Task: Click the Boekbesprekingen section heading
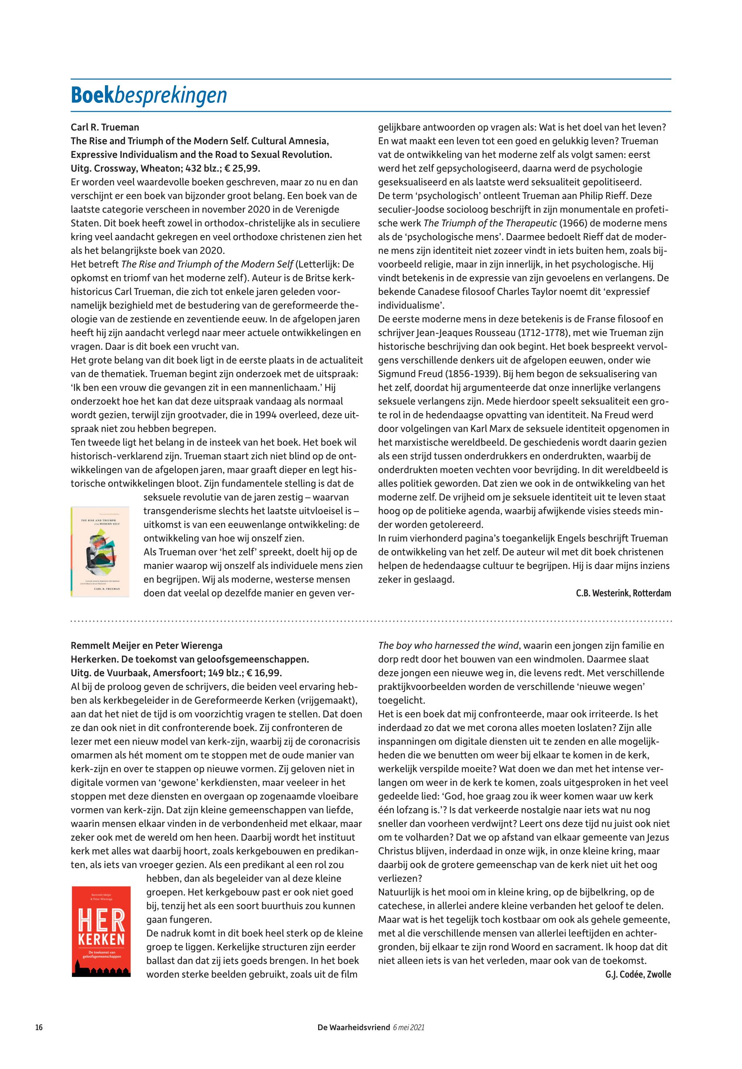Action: click(149, 95)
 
